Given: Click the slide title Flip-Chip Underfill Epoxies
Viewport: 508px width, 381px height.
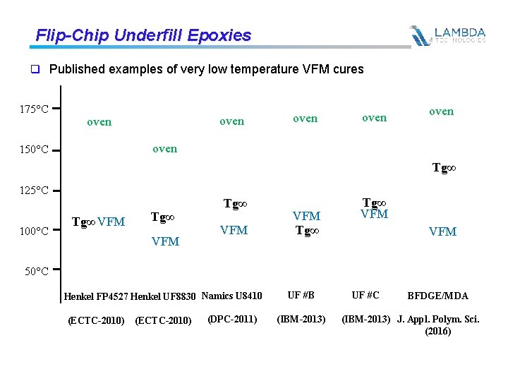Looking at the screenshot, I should tap(143, 35).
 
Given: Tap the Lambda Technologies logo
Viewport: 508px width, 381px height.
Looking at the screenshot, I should tap(448, 35).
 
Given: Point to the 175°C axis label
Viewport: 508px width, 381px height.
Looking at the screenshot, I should tap(34, 109).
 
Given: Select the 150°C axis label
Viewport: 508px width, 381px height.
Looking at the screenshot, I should tap(34, 150).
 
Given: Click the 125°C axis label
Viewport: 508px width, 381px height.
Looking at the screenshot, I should tap(34, 190).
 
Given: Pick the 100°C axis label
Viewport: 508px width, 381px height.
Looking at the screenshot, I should tap(34, 231).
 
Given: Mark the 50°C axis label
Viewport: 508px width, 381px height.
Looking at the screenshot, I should tap(34, 271).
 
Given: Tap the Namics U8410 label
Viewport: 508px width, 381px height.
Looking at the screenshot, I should tap(231, 296).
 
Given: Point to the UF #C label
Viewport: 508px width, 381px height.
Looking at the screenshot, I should tap(365, 295).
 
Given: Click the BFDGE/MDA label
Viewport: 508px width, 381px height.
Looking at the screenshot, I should tap(437, 296).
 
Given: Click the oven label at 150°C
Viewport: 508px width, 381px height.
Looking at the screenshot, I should tap(164, 149).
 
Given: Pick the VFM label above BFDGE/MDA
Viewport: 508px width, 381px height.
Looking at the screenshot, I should tap(443, 231).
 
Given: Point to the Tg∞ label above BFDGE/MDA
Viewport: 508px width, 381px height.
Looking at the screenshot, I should tap(443, 169).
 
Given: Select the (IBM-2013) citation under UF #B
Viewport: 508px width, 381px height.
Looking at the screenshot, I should tap(302, 319).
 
